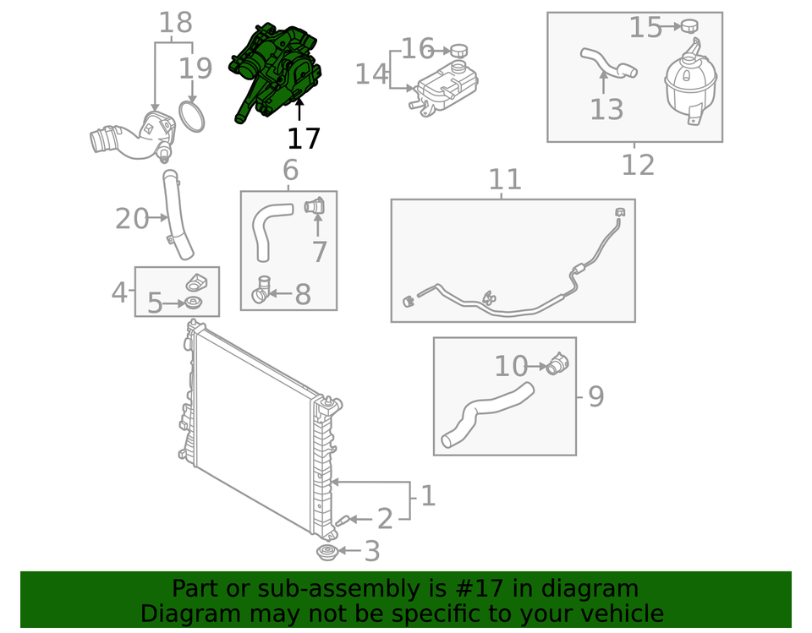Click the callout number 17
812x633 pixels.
coord(304,139)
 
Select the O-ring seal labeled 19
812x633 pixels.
coord(192,117)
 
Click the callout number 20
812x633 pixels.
coord(132,218)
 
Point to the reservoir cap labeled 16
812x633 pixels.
coord(458,51)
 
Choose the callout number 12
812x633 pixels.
coord(638,165)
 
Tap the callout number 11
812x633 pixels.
coord(505,179)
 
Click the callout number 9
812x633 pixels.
coord(596,396)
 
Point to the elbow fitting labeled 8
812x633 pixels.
coord(261,291)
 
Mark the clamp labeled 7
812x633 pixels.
coord(315,206)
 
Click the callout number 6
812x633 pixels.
coord(290,170)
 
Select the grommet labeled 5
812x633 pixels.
coord(193,303)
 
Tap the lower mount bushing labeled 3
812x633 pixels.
coord(326,552)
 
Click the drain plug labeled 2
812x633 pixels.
coord(343,521)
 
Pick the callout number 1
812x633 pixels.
coord(428,496)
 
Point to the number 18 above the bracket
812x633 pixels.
coord(176,23)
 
